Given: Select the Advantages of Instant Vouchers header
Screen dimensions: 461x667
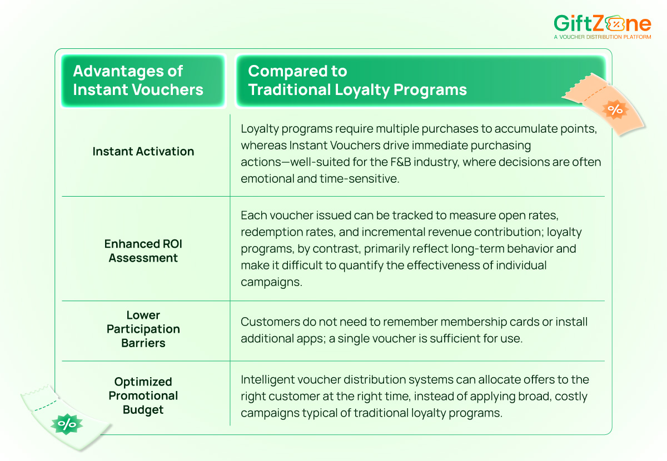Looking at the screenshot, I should coord(138,81).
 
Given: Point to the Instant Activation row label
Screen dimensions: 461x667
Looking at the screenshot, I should coord(143,151).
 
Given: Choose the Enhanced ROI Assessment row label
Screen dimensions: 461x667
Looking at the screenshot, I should coord(143,251).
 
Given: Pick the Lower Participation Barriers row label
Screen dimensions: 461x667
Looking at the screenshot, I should coord(143,329).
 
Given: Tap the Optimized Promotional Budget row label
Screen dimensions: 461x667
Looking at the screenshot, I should coord(143,395).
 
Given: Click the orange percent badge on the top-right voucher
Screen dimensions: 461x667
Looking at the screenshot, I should coord(615,109).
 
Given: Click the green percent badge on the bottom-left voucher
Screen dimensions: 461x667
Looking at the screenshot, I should coord(67,425).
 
